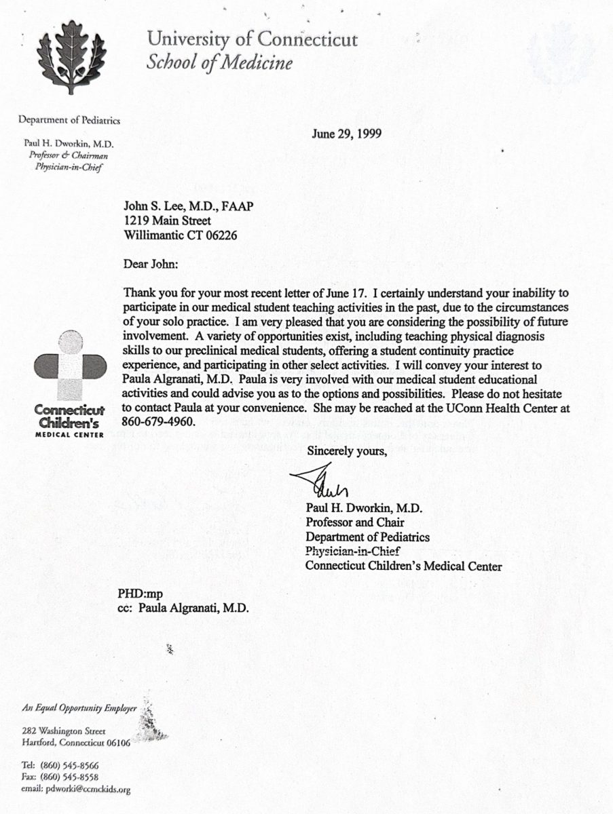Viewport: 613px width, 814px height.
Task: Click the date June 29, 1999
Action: [x=346, y=134]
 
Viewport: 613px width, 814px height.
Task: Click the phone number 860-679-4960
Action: [x=159, y=421]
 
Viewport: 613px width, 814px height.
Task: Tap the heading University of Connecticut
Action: [x=253, y=39]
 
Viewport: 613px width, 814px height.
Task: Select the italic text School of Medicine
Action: [x=220, y=63]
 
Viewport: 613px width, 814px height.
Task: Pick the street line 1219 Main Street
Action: [x=167, y=220]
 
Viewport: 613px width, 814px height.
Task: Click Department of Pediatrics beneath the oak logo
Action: [x=69, y=121]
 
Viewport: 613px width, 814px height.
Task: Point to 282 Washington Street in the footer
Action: [x=63, y=731]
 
